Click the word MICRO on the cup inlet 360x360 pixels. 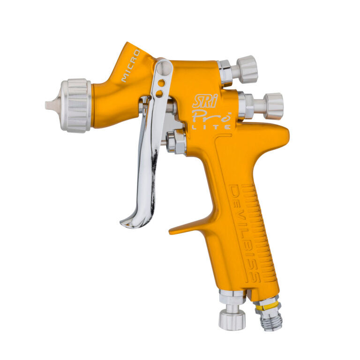[x=131, y=66]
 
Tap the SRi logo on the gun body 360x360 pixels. [x=205, y=101]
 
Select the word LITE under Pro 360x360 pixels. [x=211, y=127]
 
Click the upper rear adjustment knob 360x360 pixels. [x=247, y=69]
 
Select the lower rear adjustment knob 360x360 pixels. [x=274, y=106]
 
